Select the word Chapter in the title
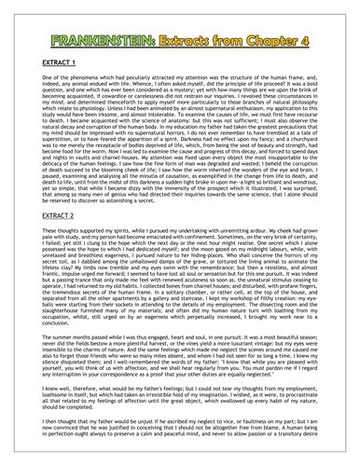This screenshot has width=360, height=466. tap(279, 19)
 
